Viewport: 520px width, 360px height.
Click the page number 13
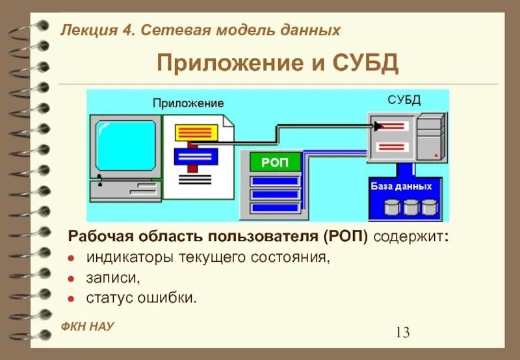[402, 333]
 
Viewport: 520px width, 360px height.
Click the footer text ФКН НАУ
[88, 327]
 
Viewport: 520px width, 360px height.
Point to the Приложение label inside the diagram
[188, 103]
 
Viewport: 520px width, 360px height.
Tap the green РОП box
[275, 162]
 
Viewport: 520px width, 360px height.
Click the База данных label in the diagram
[401, 186]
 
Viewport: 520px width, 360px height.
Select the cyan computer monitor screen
[125, 145]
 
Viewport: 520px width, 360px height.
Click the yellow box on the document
[195, 133]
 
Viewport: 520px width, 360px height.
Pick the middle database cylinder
[410, 207]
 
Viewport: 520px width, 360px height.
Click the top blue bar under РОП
[275, 181]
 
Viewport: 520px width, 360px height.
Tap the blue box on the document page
[196, 157]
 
